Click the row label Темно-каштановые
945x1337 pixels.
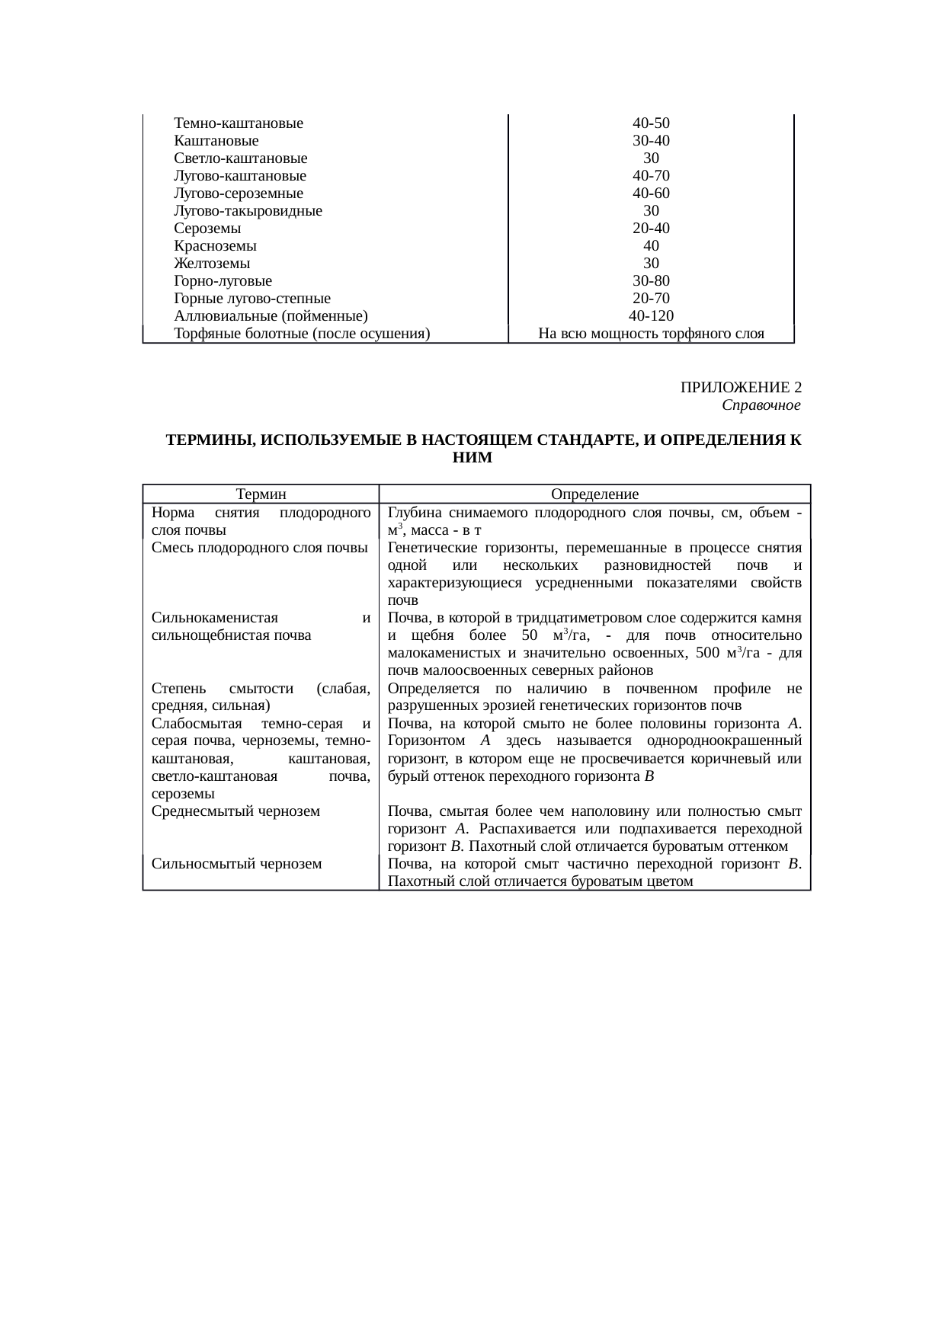pos(238,123)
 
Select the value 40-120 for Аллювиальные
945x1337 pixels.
pos(651,316)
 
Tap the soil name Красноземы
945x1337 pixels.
pos(215,246)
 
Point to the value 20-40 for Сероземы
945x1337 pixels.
pos(651,229)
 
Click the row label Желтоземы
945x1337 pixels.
pos(212,264)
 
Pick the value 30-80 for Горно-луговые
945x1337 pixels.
pos(651,281)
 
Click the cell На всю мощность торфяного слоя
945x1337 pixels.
pos(651,334)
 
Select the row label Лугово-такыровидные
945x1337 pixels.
pos(248,211)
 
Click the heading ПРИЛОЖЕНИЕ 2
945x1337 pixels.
pos(740,388)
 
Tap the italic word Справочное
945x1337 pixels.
pos(761,405)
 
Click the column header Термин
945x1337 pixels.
pos(261,494)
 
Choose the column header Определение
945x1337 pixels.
pos(594,494)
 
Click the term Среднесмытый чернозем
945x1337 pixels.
pos(235,811)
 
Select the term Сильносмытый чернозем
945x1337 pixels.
pos(236,864)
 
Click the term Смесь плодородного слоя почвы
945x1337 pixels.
pos(259,548)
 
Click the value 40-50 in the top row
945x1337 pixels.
pos(651,123)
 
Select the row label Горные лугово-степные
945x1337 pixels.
pos(251,299)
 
